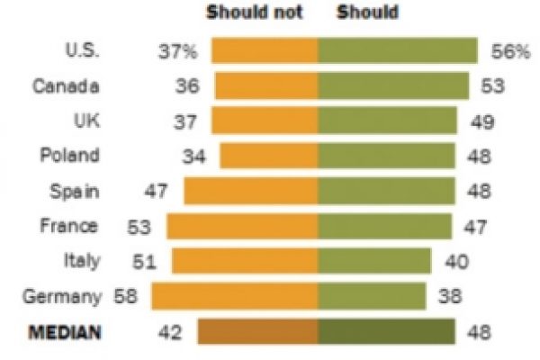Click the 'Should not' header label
tap(255, 13)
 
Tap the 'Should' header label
tap(369, 13)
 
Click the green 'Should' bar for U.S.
tap(397, 51)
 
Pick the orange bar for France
tap(242, 226)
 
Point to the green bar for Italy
tap(373, 261)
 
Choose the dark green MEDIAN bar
tap(387, 332)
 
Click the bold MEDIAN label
tap(65, 333)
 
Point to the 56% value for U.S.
tap(511, 52)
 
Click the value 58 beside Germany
tap(127, 296)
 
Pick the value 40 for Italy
tap(454, 261)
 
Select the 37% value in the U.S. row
tap(178, 52)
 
